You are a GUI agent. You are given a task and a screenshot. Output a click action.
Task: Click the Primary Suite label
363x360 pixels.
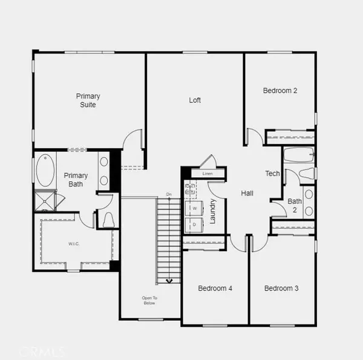[x=88, y=100]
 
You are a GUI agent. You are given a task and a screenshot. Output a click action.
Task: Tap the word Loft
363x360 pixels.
[x=195, y=100]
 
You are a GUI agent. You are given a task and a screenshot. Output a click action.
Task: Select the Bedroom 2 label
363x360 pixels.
[x=280, y=91]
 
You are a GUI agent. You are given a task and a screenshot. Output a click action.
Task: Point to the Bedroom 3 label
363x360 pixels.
[x=281, y=289]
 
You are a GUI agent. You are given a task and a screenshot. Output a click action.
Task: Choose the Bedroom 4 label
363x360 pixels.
[x=215, y=289]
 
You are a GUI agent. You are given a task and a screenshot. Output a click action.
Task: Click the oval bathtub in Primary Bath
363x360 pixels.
[x=45, y=171]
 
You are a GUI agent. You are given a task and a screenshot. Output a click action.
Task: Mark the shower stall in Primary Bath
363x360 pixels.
[x=44, y=200]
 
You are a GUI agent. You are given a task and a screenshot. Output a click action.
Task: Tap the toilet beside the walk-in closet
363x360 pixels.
[x=109, y=218]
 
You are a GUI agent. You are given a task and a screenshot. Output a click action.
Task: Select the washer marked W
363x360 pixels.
[x=195, y=208]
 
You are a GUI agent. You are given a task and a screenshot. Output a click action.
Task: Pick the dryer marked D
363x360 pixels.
[x=195, y=224]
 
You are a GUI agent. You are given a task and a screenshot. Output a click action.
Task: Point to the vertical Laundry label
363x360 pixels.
[x=213, y=211]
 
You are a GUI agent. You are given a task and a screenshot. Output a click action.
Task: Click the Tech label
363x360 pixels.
[x=272, y=174]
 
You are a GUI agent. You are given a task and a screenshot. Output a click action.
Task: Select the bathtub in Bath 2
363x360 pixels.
[x=299, y=155]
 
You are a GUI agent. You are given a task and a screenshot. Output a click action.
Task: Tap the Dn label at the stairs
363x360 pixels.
[x=169, y=194]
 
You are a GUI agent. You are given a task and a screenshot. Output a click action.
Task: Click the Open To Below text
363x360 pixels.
[x=149, y=300]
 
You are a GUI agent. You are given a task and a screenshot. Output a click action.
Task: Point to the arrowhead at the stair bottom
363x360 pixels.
[x=169, y=281]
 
